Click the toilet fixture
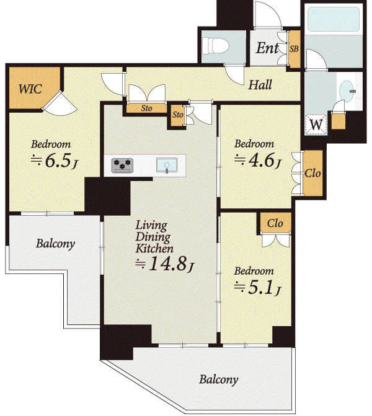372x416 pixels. click(216, 46)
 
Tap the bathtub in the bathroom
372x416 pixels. click(334, 19)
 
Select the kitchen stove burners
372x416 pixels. click(122, 166)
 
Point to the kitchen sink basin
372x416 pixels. click(167, 165)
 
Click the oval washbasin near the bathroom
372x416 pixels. click(347, 90)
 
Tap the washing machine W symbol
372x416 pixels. click(316, 124)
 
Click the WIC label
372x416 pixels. click(30, 89)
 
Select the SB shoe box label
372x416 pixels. click(294, 49)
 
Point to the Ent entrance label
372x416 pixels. click(267, 48)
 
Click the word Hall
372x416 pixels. click(260, 85)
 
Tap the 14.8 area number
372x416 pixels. click(167, 263)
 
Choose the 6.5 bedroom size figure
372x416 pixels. click(58, 160)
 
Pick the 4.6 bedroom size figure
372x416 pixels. click(262, 160)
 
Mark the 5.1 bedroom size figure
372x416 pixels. click(260, 287)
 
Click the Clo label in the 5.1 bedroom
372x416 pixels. click(275, 223)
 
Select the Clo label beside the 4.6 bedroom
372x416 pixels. click(312, 173)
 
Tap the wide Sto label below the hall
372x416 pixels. click(146, 108)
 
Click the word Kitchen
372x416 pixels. click(154, 249)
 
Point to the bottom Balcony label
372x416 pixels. click(219, 379)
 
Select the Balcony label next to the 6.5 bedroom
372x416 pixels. click(55, 244)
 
